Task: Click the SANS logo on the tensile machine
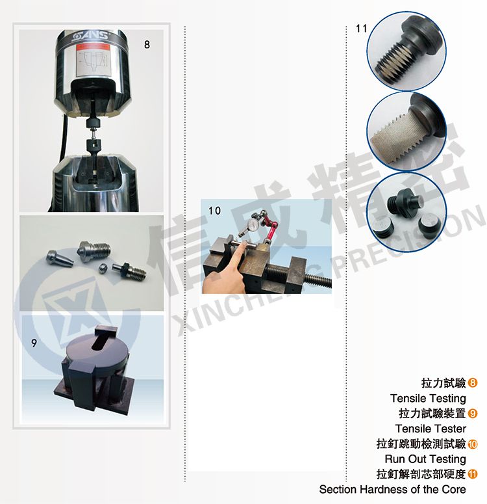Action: click(90, 35)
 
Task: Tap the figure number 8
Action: click(147, 45)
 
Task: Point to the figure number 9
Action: click(34, 343)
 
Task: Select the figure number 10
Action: click(214, 211)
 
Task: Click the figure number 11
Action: click(361, 29)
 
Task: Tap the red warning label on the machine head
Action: click(93, 47)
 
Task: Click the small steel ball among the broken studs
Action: click(103, 268)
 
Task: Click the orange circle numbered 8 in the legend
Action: click(473, 383)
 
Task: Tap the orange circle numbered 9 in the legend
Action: click(473, 414)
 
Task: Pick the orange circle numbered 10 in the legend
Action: click(473, 444)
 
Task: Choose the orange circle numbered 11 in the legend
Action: click(473, 474)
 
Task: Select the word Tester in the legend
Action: click(449, 429)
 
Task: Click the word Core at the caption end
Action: click(454, 489)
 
